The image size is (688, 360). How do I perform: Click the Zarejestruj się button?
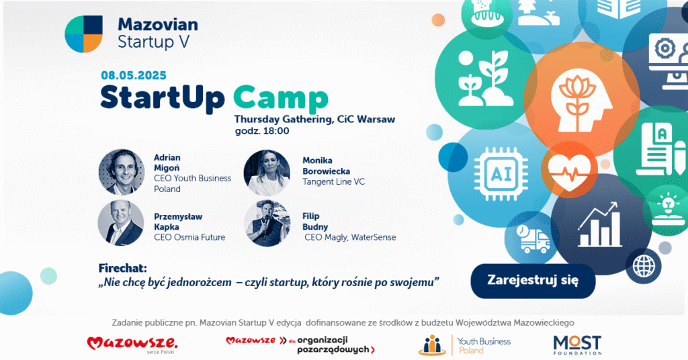pos(533,281)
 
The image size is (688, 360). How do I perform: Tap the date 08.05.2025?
pos(134,75)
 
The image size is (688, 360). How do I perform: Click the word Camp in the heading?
pos(281,99)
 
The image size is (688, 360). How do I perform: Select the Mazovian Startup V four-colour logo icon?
pos(84,34)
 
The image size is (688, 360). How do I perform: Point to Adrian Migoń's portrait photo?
pos(122,172)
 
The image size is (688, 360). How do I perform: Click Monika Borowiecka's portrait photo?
pos(267,173)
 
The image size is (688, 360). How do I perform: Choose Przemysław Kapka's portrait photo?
pos(121,223)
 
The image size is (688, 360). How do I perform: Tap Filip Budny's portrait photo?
pos(267,223)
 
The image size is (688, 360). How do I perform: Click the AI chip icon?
pos(501,175)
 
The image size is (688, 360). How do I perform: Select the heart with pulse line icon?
pos(570,171)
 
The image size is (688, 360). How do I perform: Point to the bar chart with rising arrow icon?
pos(599,224)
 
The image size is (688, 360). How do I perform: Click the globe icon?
pos(643,266)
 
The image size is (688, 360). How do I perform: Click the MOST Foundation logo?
pos(577,345)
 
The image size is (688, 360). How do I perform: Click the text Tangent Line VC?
pos(333,181)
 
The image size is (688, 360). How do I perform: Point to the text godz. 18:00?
pos(262,131)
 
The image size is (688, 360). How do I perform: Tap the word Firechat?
pos(122,268)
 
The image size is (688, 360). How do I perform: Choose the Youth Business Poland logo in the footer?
pos(464,345)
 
